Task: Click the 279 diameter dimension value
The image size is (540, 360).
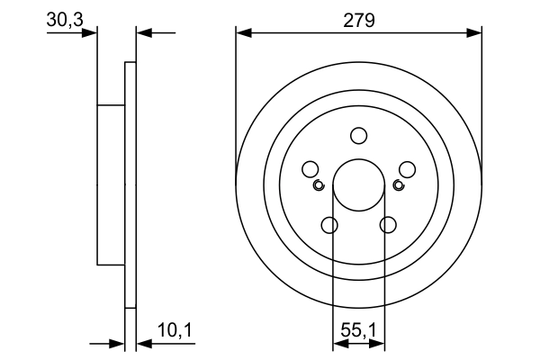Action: (x=358, y=19)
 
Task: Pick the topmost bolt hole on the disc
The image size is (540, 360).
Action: (x=359, y=136)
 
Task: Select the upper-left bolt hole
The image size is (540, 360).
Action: (x=310, y=169)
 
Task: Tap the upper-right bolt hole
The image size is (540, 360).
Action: (x=407, y=169)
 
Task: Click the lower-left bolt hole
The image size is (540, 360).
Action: (x=329, y=225)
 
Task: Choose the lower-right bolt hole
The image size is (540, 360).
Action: (x=389, y=225)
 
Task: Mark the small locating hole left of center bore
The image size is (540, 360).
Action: (x=319, y=185)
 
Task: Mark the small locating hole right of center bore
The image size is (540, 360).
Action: (x=399, y=185)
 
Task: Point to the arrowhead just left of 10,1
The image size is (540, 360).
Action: (x=144, y=343)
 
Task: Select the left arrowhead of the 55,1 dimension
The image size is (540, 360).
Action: (x=340, y=343)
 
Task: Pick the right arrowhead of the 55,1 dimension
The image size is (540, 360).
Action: (x=379, y=343)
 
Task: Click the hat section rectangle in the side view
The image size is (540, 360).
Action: (x=110, y=184)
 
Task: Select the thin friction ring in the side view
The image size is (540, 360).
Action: (x=130, y=184)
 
